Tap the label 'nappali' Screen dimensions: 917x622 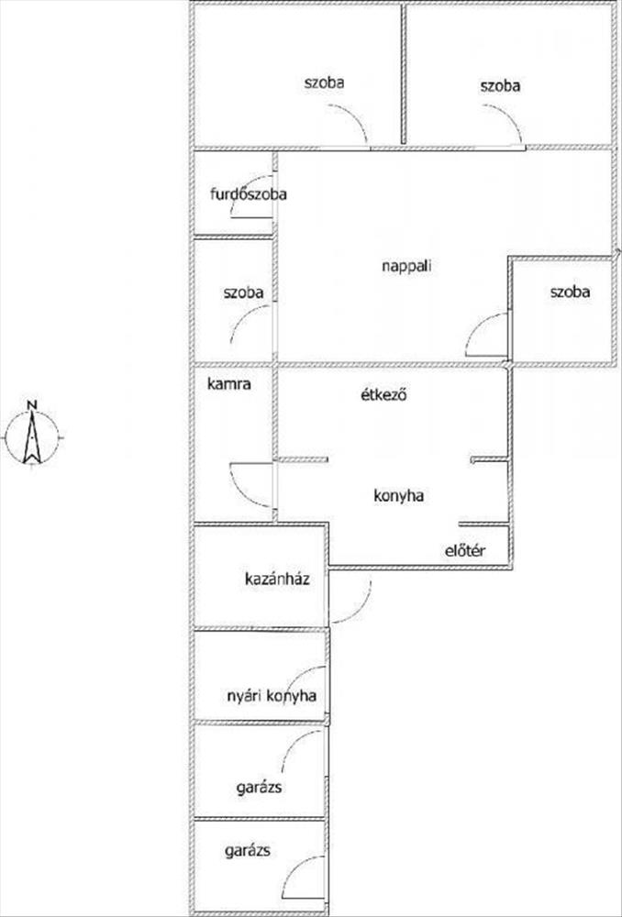[405, 267]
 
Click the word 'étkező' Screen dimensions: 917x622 [383, 396]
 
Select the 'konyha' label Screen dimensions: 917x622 [397, 495]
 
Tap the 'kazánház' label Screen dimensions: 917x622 [274, 579]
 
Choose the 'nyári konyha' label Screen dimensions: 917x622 [272, 696]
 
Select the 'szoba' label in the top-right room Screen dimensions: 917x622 [500, 85]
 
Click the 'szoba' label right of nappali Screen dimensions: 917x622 [570, 293]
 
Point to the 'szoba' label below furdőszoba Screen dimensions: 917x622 [243, 293]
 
